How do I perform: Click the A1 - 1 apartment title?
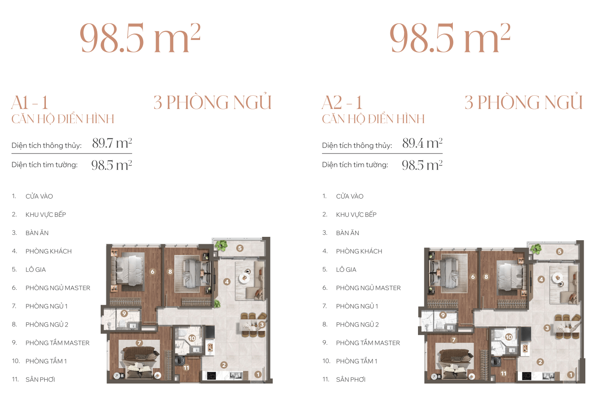(30, 102)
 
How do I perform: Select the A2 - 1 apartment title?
(342, 102)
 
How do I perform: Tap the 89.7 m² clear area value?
(112, 143)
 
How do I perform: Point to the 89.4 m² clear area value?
(422, 143)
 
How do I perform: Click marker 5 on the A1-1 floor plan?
(240, 248)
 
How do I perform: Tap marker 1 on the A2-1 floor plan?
(571, 375)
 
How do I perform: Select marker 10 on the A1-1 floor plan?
(192, 338)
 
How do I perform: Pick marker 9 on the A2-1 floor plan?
(443, 315)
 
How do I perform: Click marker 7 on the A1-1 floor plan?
(139, 343)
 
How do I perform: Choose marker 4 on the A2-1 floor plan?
(541, 279)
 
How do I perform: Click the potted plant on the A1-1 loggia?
(221, 245)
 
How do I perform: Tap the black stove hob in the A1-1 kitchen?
(211, 376)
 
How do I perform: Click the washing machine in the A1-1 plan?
(180, 361)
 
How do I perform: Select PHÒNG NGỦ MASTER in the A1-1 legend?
(58, 288)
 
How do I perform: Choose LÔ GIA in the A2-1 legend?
(346, 270)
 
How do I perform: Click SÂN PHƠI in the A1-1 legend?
(40, 379)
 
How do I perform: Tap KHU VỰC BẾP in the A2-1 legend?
(356, 214)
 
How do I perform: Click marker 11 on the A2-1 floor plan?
(503, 373)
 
